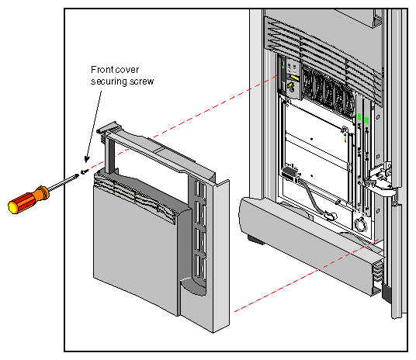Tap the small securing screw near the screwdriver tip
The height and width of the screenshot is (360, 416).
[x=85, y=171]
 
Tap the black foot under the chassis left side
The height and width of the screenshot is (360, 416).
[x=255, y=238]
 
